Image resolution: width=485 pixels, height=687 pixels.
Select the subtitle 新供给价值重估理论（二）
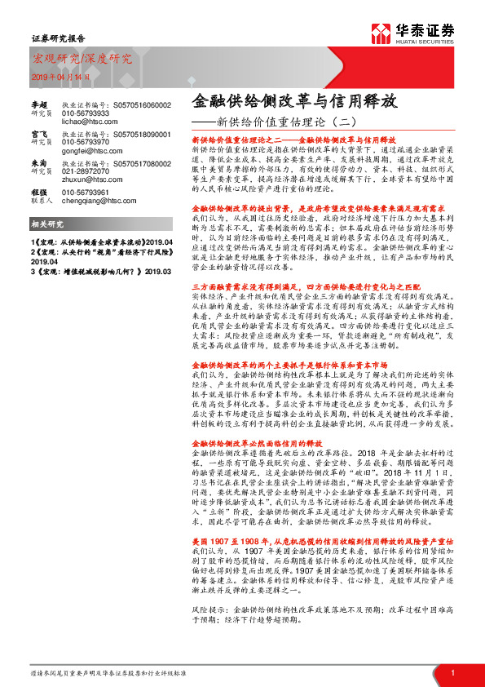pyautogui.click(x=271, y=122)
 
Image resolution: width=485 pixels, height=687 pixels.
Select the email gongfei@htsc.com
pyautogui.click(x=86, y=151)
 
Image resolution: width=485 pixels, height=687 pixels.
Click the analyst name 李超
pyautogui.click(x=39, y=105)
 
